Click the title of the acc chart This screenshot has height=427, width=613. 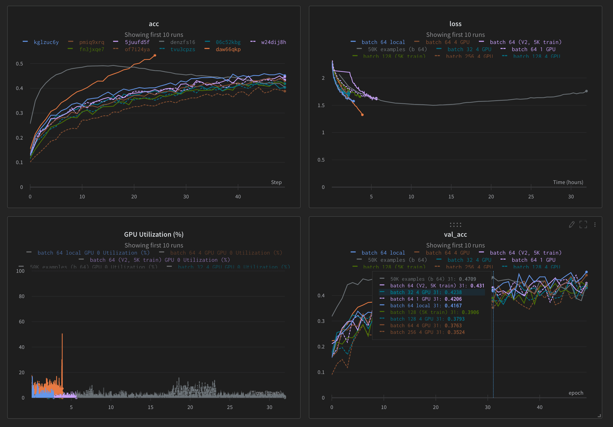tap(154, 24)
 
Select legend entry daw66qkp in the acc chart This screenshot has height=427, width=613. tap(228, 49)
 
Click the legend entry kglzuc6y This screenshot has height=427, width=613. tap(46, 42)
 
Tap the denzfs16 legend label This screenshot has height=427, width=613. tap(182, 42)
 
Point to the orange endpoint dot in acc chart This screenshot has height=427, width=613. tap(155, 55)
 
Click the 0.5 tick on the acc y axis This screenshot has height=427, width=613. tap(20, 64)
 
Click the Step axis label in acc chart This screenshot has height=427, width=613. tap(276, 182)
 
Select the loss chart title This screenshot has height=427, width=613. tap(455, 24)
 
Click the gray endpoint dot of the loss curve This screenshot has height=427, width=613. tap(586, 91)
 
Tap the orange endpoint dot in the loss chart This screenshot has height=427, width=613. tap(362, 115)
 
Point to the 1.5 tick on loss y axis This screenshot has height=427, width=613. tap(321, 105)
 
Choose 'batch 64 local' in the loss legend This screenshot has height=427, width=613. tap(383, 42)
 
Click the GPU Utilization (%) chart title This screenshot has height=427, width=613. tap(154, 235)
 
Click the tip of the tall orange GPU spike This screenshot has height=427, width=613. tap(62, 334)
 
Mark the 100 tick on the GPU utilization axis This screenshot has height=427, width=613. tap(20, 271)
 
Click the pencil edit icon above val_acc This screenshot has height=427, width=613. tap(571, 225)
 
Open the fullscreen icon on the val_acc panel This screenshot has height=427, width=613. tap(583, 225)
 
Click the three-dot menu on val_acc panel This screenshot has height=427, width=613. tap(595, 225)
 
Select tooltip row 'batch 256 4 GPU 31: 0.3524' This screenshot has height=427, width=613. tap(427, 332)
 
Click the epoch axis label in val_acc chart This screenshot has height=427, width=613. tap(576, 393)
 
